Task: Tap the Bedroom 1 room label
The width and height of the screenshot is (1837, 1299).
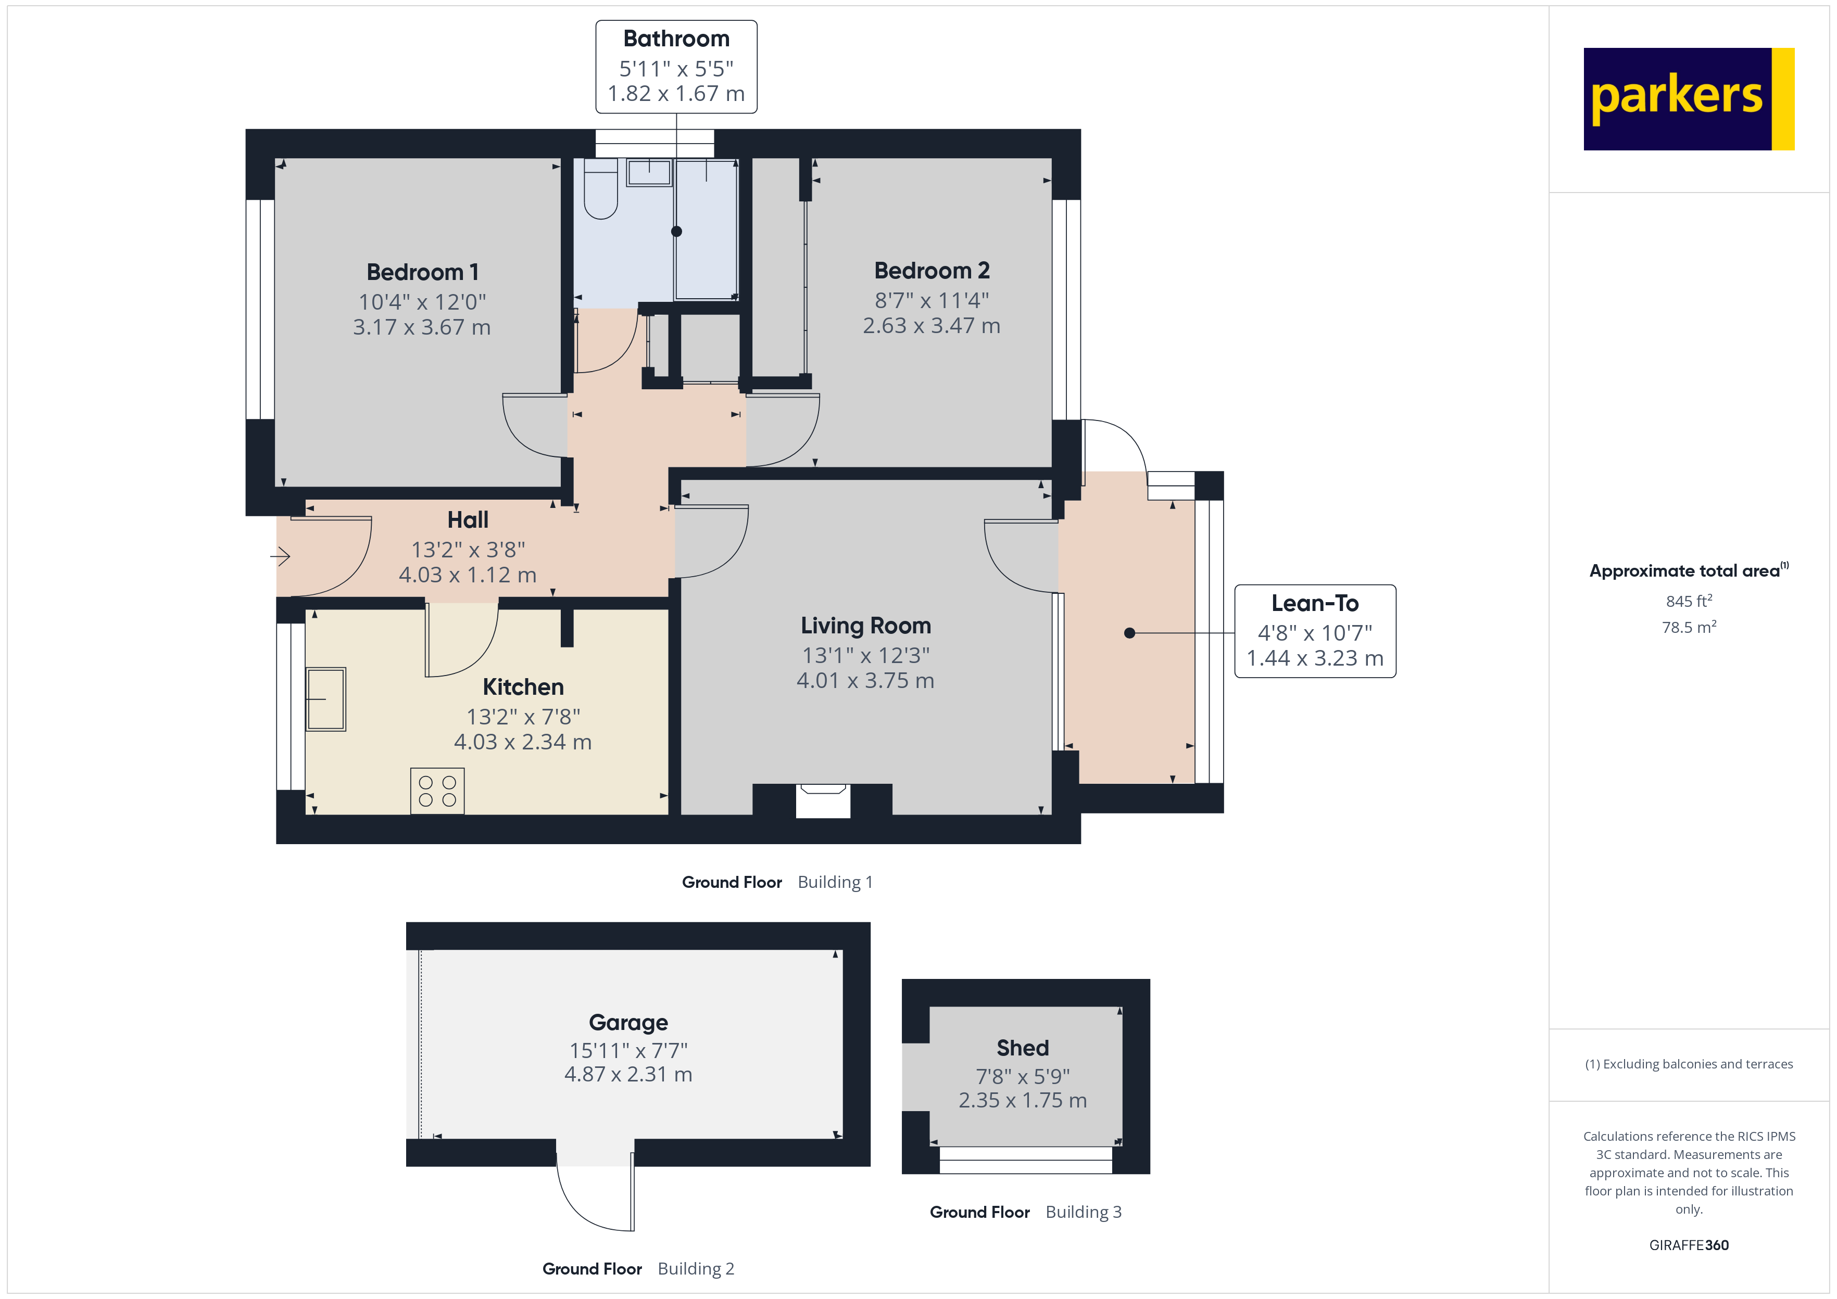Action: tap(422, 272)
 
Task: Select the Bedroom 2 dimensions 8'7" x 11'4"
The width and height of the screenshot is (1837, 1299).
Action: tap(932, 301)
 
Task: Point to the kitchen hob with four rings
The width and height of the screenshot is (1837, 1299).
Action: tap(437, 791)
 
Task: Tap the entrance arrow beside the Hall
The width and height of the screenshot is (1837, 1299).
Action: tap(280, 555)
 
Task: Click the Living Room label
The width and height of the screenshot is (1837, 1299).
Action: tap(866, 626)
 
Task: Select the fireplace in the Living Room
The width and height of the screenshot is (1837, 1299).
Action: tap(823, 800)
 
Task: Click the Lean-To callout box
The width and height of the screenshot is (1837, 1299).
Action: tap(1315, 631)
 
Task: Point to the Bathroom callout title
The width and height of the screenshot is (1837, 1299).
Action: tap(676, 39)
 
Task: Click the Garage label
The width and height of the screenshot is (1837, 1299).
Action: tap(628, 1022)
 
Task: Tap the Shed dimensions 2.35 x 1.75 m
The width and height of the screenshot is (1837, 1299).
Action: tap(1023, 1101)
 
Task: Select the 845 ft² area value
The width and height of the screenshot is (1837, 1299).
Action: tap(1688, 601)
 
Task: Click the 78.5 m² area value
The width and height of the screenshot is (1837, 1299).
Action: tap(1688, 627)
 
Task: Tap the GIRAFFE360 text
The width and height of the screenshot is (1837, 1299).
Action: tap(1688, 1245)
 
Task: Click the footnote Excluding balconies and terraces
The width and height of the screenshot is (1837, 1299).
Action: tap(1688, 1064)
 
